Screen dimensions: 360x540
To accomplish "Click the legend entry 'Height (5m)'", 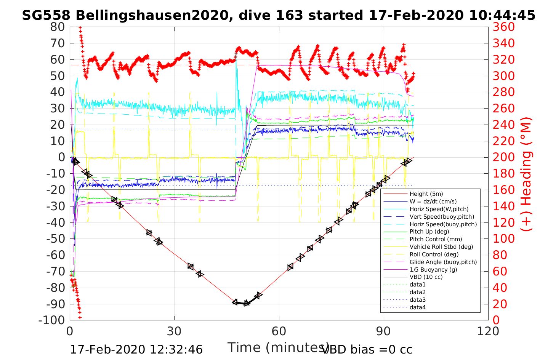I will coord(426,194).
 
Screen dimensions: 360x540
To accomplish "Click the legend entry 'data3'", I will coord(417,300).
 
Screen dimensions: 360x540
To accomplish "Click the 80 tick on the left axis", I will coord(58,27).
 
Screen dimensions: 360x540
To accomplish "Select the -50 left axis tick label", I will coord(56,238).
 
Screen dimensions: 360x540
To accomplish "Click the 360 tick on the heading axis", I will coord(503,27).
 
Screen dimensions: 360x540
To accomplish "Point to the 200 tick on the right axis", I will coord(503,157).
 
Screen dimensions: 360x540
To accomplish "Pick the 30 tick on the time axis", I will coord(174,331).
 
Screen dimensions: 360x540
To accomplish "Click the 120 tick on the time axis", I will coord(488,331).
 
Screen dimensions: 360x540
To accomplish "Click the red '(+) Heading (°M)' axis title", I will coord(527,173).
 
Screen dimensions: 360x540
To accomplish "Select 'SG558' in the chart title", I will coord(46,16).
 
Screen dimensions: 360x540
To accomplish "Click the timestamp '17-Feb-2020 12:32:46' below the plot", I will coord(136,349).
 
